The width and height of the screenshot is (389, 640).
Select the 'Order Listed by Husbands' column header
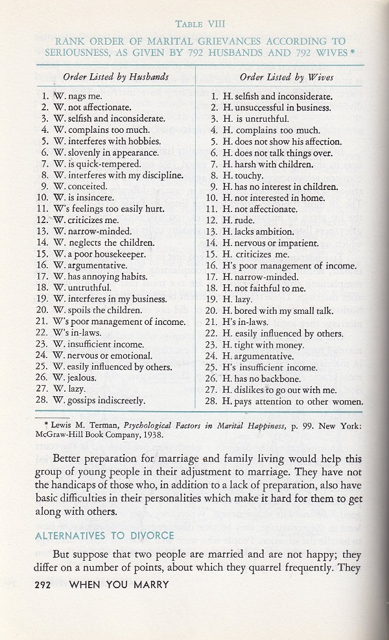click(115, 77)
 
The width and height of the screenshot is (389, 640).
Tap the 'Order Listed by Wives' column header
click(280, 77)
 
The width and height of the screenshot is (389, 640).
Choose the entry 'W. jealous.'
click(79, 377)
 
